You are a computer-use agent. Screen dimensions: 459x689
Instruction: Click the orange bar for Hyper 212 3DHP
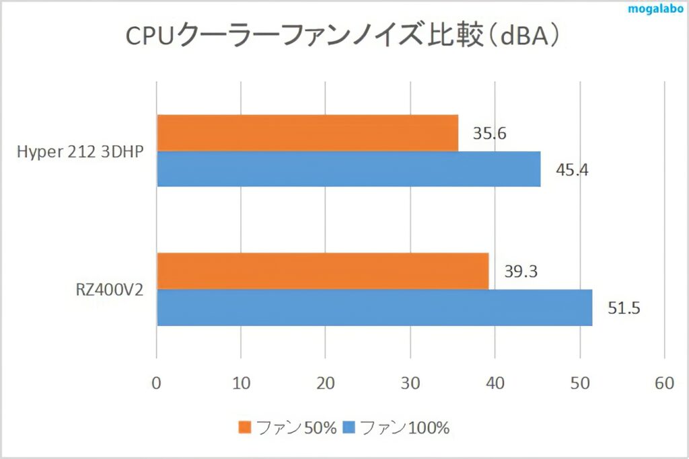(307, 132)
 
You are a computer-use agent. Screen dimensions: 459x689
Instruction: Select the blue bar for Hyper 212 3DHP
(349, 169)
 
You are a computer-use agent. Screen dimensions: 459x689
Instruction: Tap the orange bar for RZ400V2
(322, 271)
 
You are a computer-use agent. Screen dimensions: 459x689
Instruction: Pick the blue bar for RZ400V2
(374, 308)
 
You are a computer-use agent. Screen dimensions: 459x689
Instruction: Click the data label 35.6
(489, 134)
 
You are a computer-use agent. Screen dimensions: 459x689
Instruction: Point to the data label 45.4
(572, 169)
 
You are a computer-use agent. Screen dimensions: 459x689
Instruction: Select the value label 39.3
(521, 272)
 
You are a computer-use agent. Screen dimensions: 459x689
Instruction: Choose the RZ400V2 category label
(108, 290)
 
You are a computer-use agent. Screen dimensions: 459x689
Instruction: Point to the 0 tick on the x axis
(157, 383)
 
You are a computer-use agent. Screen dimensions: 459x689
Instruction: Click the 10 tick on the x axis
(241, 383)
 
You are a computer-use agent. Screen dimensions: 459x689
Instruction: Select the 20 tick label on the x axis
(326, 383)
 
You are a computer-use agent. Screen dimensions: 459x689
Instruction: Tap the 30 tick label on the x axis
(410, 383)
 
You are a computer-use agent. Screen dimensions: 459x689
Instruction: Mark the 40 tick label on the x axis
(495, 383)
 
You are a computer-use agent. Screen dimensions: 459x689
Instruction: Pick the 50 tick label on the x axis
(579, 383)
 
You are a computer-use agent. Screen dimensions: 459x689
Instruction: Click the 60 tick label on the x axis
(664, 383)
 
